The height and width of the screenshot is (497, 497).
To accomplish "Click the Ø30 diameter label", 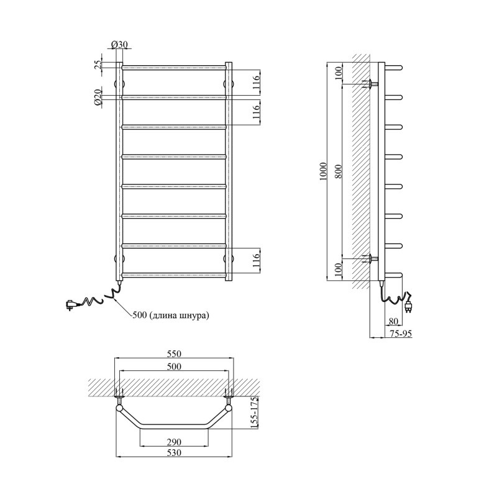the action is click(119, 45).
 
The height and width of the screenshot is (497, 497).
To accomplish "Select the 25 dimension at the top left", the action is click(98, 65).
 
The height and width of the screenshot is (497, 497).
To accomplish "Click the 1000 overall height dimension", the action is click(323, 171).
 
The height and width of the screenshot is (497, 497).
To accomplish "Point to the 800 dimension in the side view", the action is click(338, 171).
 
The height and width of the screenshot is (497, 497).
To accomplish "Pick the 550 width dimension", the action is click(174, 353).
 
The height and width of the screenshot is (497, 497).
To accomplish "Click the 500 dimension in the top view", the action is click(174, 367).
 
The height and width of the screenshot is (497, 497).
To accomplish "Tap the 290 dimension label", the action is click(174, 442).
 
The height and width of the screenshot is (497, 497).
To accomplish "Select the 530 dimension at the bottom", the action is click(174, 453).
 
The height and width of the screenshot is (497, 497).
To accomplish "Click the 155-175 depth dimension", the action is click(255, 413).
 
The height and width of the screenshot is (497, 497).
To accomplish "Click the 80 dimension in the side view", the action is click(393, 321).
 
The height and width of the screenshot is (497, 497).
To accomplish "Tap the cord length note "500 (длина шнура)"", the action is click(171, 316).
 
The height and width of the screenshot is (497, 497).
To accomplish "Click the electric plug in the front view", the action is click(71, 305).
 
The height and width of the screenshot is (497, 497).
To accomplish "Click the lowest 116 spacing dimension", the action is click(257, 260).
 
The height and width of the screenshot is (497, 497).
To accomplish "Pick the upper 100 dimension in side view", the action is click(338, 73).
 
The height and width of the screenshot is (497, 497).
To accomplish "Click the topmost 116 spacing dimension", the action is click(257, 81).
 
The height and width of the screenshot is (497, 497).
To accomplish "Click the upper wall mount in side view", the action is click(370, 84).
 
